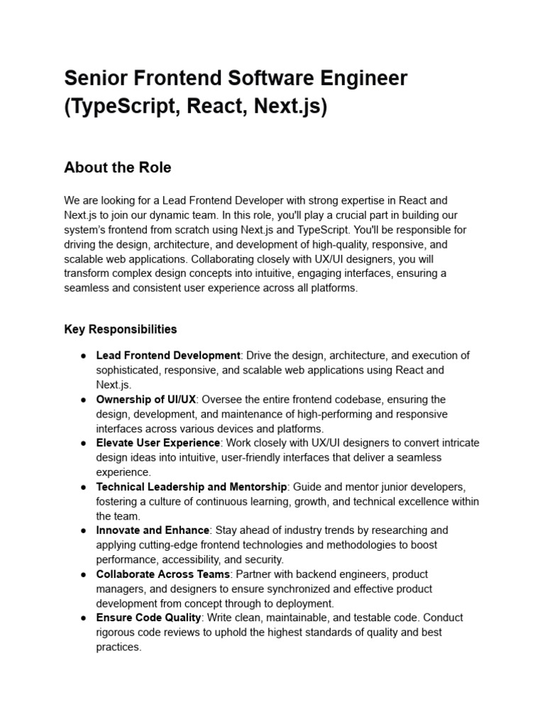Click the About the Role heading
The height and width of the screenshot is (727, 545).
coord(117,168)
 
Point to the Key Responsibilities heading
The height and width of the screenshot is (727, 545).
coord(120,329)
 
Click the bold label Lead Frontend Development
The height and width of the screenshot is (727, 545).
coord(168,355)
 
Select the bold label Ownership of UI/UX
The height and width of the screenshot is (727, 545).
coord(146,399)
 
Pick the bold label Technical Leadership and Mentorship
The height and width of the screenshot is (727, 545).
coord(192,486)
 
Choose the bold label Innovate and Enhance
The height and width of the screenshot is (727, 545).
coord(153,530)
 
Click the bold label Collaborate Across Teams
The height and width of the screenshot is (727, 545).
coord(163,574)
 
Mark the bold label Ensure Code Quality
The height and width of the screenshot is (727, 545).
coord(149,618)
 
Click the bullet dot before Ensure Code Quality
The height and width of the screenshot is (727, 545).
coord(83,618)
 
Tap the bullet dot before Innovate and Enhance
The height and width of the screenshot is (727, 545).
coord(83,530)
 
